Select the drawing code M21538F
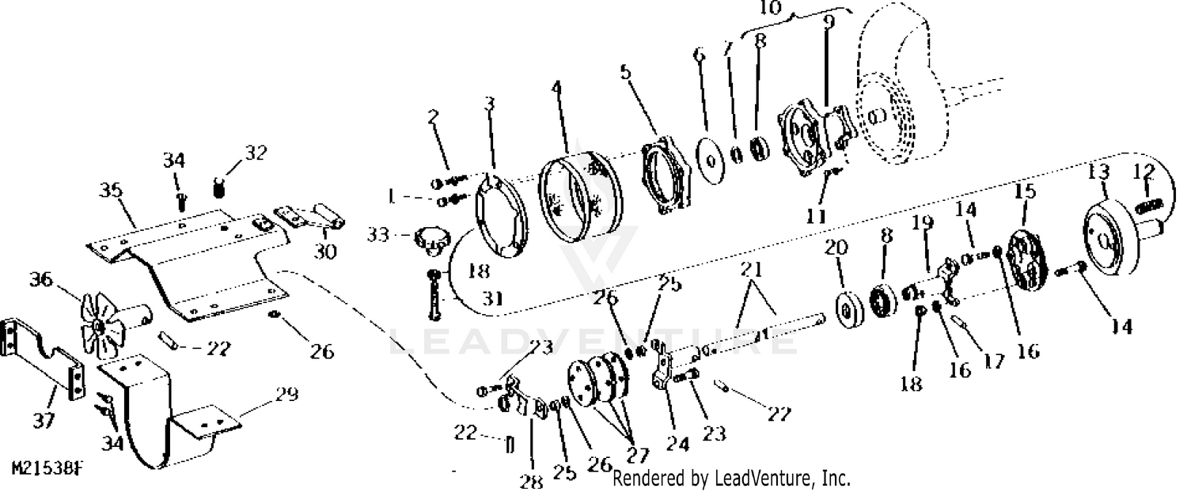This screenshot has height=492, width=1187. point(47,469)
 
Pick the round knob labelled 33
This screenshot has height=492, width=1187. point(429,240)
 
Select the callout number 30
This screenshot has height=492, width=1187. point(325,252)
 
